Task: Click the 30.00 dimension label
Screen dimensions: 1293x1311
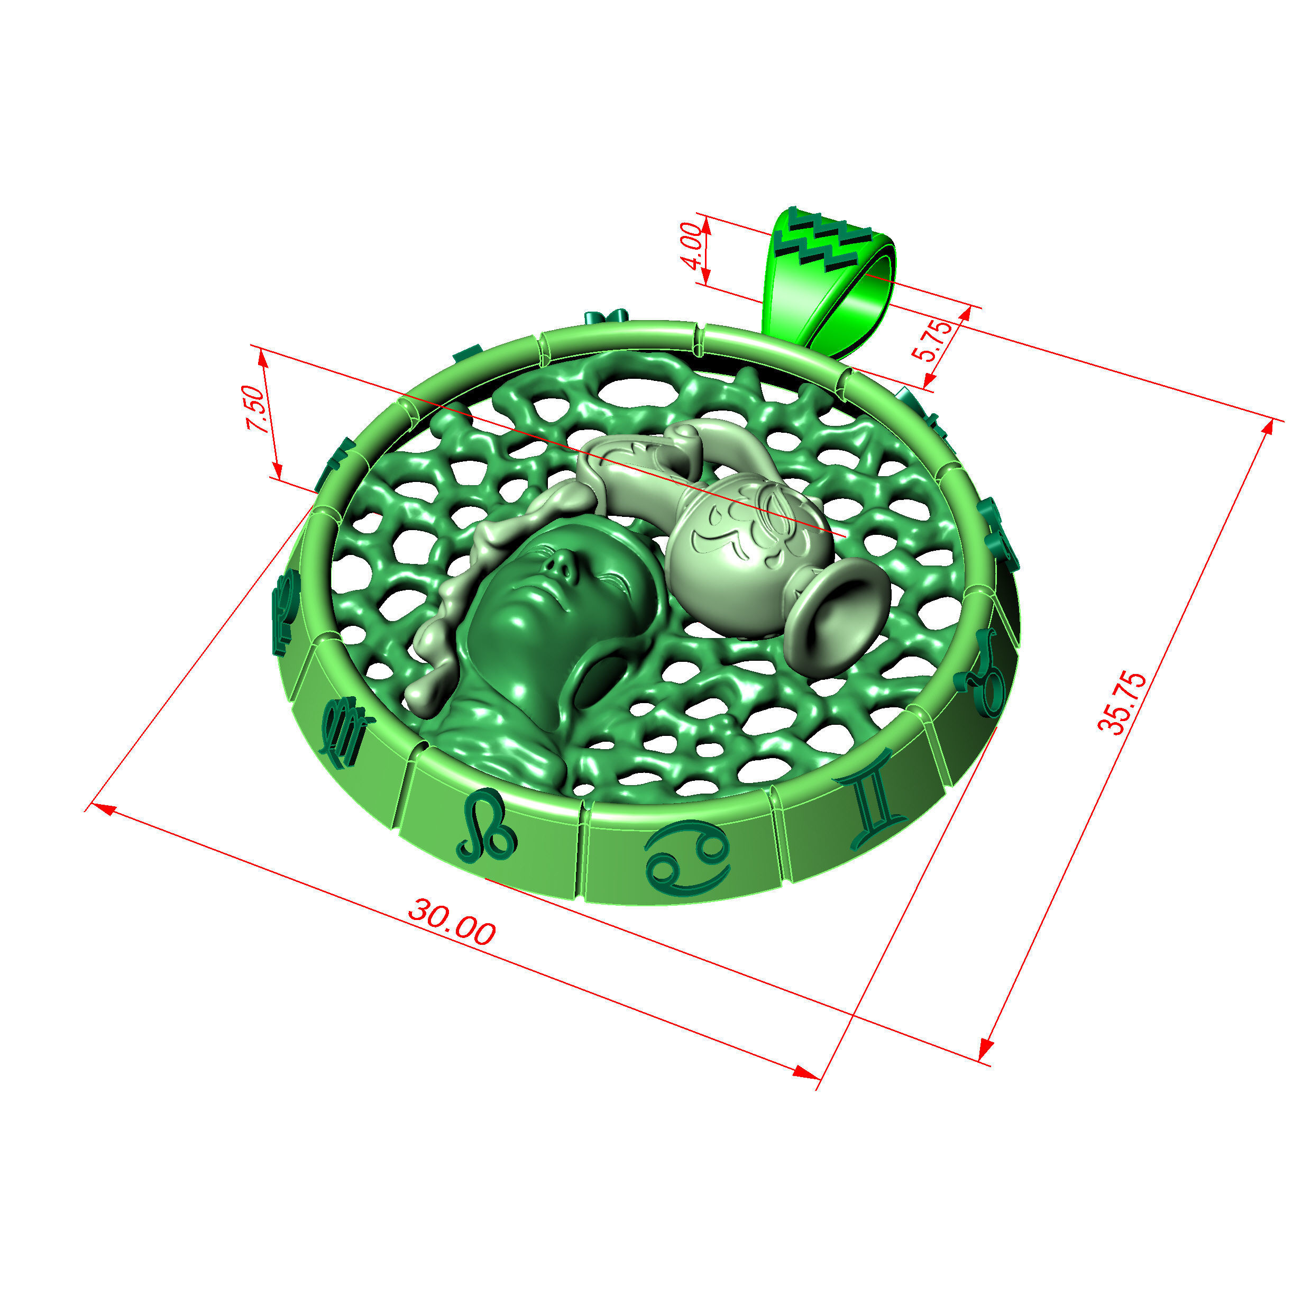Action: pos(451,923)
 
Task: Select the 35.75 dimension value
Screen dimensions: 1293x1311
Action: pos(1122,703)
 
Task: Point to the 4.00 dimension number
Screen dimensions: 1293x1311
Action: pos(691,245)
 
